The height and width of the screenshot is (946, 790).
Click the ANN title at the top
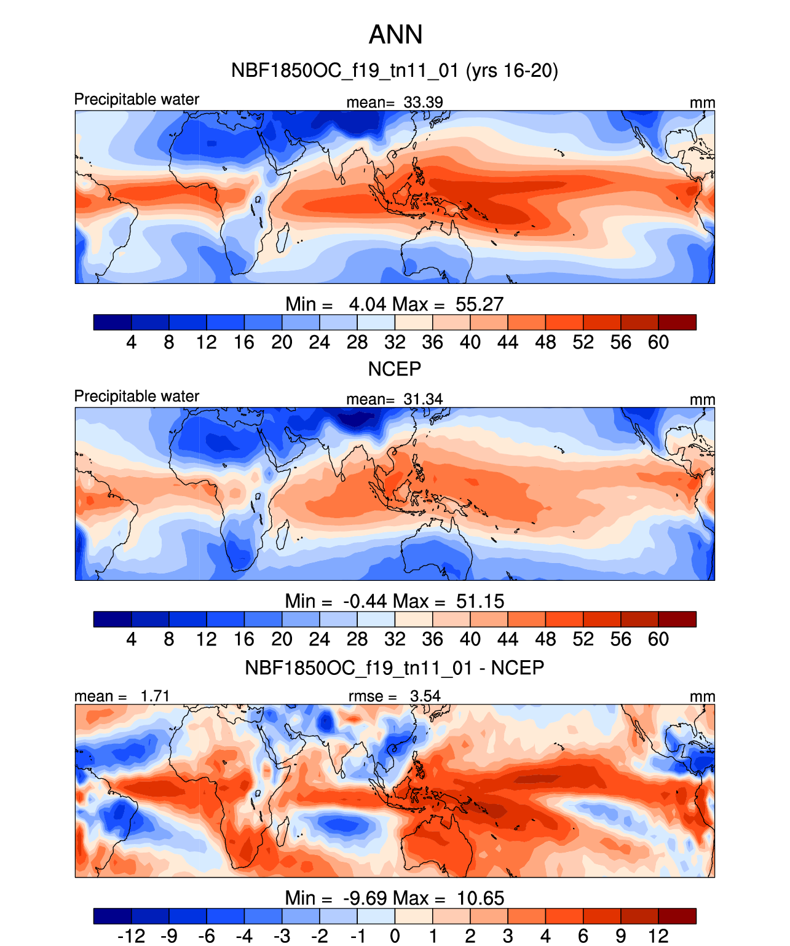(395, 34)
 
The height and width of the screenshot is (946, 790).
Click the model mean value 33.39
(423, 102)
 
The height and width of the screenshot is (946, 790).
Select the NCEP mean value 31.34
(423, 399)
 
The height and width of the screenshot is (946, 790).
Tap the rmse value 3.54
(425, 696)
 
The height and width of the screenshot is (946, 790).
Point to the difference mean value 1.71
(154, 696)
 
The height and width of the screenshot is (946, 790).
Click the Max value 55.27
(480, 304)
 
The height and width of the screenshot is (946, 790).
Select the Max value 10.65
(480, 898)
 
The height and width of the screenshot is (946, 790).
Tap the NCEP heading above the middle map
(395, 369)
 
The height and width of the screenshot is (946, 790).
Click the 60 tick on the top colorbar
(658, 342)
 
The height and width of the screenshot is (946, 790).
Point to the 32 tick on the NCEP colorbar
(395, 639)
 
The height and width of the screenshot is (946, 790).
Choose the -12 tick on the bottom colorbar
(132, 936)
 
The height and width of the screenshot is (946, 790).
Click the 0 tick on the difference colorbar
(395, 936)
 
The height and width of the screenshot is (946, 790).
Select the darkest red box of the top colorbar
(677, 322)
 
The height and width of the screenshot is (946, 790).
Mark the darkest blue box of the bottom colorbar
(113, 916)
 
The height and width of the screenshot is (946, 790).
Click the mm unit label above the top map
(702, 103)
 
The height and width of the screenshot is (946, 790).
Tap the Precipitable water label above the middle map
(136, 396)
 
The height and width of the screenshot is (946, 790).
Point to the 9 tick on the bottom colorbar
(621, 936)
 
